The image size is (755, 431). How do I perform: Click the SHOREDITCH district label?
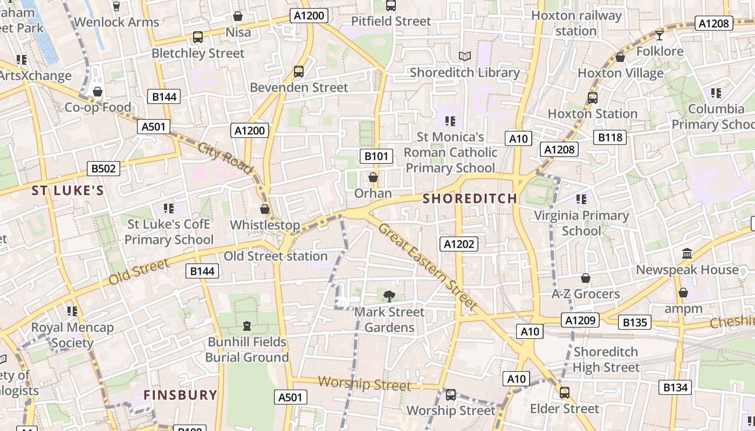point(470,198)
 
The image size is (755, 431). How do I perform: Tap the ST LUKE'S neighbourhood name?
point(67,191)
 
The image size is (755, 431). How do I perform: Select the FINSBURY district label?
point(181,395)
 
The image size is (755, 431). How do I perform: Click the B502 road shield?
point(104,169)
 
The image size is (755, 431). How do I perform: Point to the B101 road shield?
point(376,156)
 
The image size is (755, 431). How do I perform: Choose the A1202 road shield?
point(458,244)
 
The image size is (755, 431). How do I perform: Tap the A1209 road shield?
point(580,320)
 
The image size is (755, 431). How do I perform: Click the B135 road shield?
point(635,323)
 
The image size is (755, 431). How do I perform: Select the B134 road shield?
point(675,387)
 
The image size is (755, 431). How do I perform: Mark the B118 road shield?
point(610,137)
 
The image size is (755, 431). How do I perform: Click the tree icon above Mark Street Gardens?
point(389,295)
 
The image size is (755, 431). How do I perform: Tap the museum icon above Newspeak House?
point(687,253)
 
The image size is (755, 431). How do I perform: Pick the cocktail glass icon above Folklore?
point(659,36)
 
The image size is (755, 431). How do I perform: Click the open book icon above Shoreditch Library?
point(464,56)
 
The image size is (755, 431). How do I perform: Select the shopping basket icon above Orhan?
point(373,177)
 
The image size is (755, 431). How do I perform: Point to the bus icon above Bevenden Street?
point(299,71)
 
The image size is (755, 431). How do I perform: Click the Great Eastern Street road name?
point(428,267)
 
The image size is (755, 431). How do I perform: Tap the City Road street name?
point(225,158)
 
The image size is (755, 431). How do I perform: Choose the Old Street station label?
point(276,256)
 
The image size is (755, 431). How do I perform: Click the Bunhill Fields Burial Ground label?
point(247,350)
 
